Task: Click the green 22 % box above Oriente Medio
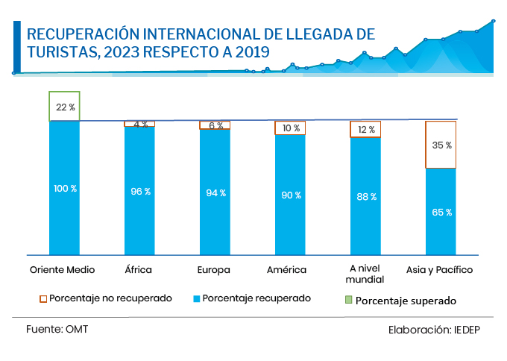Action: tap(64, 107)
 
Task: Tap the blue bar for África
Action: tap(139, 190)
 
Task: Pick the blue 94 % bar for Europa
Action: tap(215, 192)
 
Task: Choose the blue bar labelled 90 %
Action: tap(290, 194)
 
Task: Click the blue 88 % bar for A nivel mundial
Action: tap(365, 195)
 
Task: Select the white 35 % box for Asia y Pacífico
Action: tap(441, 145)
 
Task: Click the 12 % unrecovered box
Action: tap(365, 130)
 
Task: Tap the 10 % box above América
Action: tap(290, 128)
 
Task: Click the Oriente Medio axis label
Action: tap(61, 269)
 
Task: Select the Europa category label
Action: tap(214, 269)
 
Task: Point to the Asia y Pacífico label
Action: tap(439, 269)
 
